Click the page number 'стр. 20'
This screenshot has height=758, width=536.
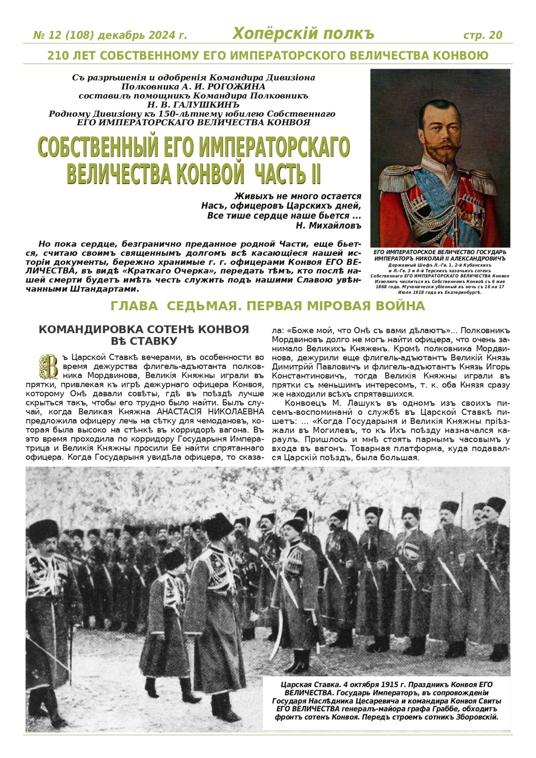point(482,35)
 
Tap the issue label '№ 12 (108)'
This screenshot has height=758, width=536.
point(64,35)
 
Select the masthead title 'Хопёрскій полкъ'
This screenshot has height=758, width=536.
point(303,34)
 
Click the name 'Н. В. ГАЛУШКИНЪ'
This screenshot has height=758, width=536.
point(193,104)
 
